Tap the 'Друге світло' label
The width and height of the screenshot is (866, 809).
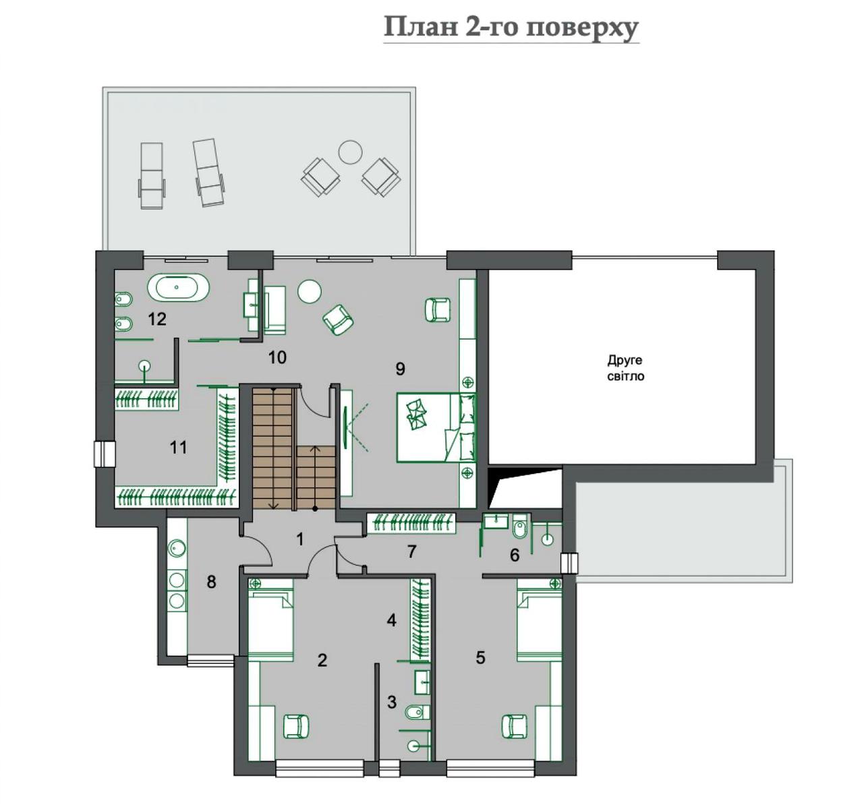pyautogui.click(x=625, y=368)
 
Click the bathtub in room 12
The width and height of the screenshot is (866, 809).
pyautogui.click(x=178, y=288)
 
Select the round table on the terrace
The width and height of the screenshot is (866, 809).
pyautogui.click(x=350, y=152)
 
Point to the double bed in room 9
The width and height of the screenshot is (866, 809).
pyautogui.click(x=436, y=427)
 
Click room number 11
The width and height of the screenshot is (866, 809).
pyautogui.click(x=178, y=447)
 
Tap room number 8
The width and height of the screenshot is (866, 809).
pyautogui.click(x=211, y=581)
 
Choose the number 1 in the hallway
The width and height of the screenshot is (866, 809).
pyautogui.click(x=300, y=539)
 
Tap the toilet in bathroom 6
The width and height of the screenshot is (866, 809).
pyautogui.click(x=520, y=529)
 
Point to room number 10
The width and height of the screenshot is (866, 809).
pyautogui.click(x=277, y=357)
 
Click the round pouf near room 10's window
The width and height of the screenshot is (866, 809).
pyautogui.click(x=310, y=291)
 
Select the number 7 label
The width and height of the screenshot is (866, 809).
pyautogui.click(x=411, y=551)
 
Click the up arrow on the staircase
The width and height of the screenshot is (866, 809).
pyautogui.click(x=315, y=477)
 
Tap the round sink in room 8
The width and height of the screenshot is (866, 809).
pyautogui.click(x=177, y=547)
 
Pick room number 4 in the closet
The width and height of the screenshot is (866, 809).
pyautogui.click(x=391, y=620)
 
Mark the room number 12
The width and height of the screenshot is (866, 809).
pyautogui.click(x=157, y=319)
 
